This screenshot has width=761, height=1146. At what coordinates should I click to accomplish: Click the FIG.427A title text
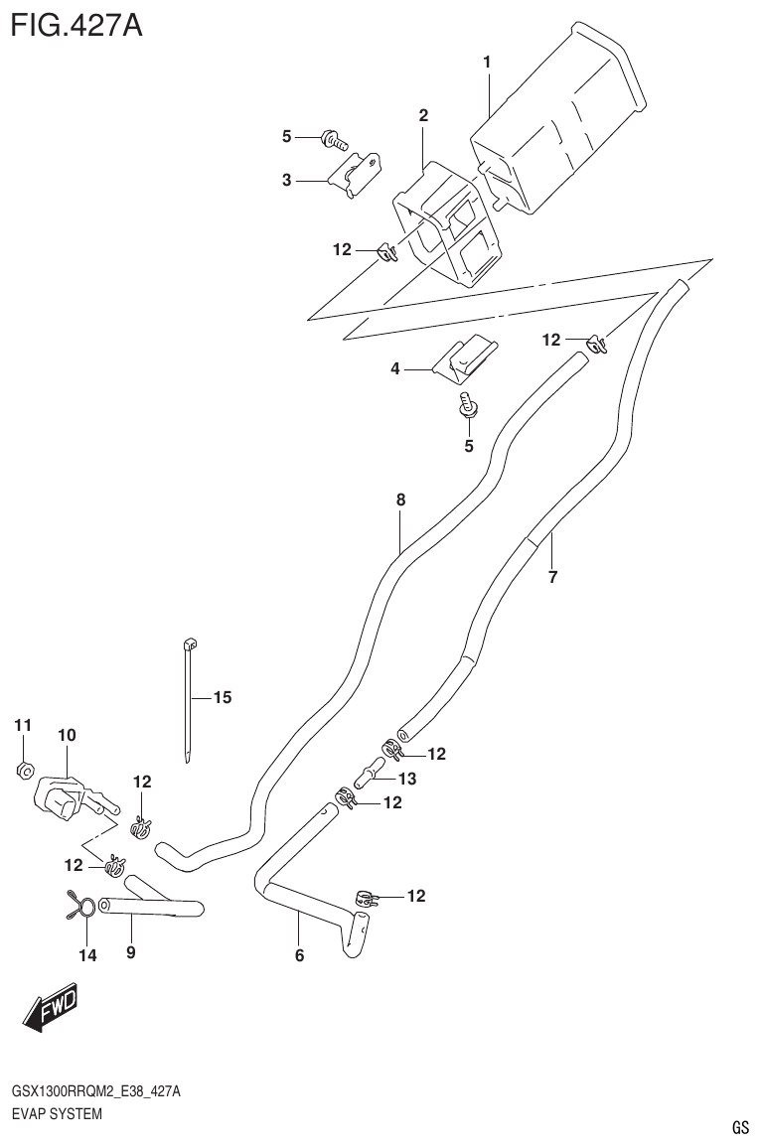[x=76, y=23]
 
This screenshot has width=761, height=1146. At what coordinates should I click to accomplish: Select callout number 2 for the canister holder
[x=423, y=116]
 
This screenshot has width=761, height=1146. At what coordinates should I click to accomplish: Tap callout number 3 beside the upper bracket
[x=286, y=180]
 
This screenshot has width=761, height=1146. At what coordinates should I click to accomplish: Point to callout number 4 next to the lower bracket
[x=395, y=368]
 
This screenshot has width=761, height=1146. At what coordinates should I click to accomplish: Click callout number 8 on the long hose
[x=400, y=501]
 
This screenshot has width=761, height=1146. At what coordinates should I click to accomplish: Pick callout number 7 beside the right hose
[x=552, y=576]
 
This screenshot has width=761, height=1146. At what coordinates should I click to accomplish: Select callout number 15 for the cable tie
[x=222, y=698]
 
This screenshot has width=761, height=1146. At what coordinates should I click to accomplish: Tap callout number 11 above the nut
[x=23, y=726]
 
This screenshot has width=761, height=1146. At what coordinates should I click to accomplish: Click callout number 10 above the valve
[x=67, y=736]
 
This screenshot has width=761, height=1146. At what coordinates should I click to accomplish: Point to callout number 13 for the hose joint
[x=407, y=778]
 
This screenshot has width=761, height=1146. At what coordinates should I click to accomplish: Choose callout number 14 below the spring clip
[x=87, y=955]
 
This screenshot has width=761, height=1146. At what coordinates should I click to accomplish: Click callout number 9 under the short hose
[x=130, y=952]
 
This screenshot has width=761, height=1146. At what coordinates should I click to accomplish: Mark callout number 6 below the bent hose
[x=299, y=956]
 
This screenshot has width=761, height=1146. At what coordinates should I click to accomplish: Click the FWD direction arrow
[x=48, y=1009]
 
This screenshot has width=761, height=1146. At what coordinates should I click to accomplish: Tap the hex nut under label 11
[x=27, y=770]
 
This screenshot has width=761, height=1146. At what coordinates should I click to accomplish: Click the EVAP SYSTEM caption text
[x=57, y=1114]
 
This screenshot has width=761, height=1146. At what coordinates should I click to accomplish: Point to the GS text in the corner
[x=739, y=1128]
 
